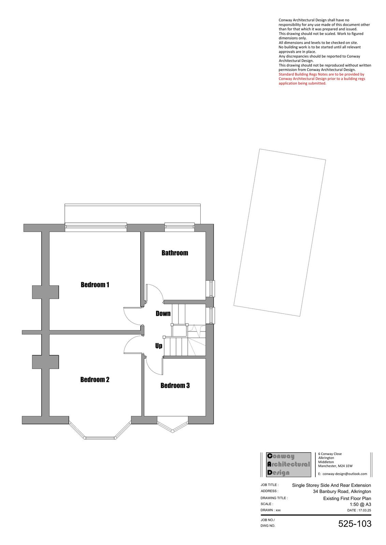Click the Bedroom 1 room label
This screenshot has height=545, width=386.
click(x=95, y=285)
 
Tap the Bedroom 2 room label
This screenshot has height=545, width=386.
click(x=95, y=379)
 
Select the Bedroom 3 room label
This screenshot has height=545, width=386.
click(x=175, y=386)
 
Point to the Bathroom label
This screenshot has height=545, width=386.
click(x=175, y=253)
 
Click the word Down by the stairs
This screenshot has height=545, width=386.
click(x=163, y=314)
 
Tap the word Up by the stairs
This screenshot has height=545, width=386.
click(x=159, y=346)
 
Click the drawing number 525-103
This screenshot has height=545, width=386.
click(x=355, y=524)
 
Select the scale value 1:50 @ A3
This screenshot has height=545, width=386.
click(x=360, y=504)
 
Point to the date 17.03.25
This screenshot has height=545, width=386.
click(x=359, y=510)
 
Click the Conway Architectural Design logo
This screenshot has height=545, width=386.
click(x=288, y=465)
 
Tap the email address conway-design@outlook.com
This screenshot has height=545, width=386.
click(x=343, y=474)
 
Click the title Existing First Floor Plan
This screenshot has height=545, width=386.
click(x=347, y=498)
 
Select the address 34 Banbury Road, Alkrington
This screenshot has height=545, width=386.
click(x=342, y=492)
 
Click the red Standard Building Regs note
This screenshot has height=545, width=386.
click(x=321, y=79)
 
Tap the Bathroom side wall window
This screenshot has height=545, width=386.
click(x=212, y=289)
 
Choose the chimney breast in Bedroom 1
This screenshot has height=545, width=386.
click(x=45, y=292)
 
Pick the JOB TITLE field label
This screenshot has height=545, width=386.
click(x=270, y=485)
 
